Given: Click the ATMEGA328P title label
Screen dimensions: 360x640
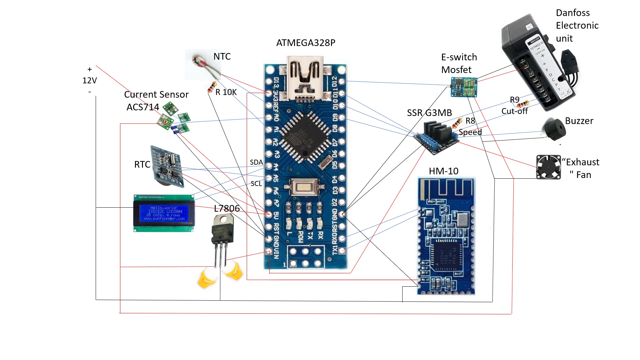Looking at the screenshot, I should tap(306, 43).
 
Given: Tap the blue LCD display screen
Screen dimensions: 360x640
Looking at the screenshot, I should tap(164, 213).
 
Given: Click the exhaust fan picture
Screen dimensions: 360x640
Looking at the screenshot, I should tap(548, 167).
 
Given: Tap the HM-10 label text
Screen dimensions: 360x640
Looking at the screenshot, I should tap(443, 171).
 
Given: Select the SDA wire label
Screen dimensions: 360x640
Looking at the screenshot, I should tap(256, 162).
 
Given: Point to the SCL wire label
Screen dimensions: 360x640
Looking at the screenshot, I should tap(256, 184).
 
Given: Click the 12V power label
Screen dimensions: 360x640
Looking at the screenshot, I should tap(89, 81).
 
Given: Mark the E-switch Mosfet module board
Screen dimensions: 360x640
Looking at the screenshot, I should tap(464, 87).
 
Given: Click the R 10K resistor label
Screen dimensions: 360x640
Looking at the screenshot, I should tap(226, 92).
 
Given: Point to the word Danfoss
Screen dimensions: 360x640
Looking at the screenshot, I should tap(573, 13).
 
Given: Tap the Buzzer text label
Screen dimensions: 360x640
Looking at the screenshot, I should tap(579, 121).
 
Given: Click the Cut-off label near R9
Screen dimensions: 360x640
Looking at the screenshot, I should tap(514, 111).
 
